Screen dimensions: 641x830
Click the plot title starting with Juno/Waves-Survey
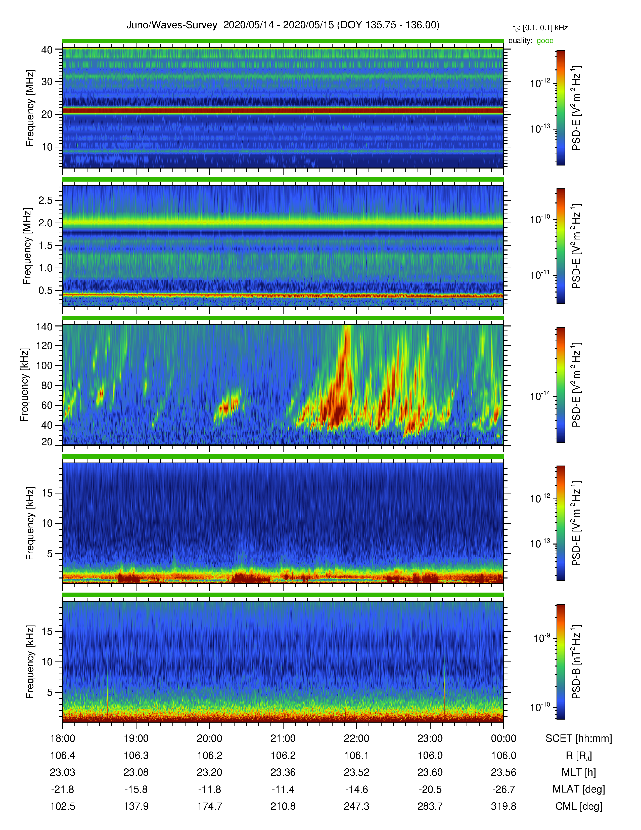tap(283, 25)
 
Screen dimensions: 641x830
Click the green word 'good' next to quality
tap(545, 41)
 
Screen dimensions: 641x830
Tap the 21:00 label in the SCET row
tap(283, 738)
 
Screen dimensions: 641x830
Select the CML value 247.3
tap(357, 806)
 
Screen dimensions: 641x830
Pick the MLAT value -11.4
tap(283, 789)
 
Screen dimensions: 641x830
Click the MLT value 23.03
tap(63, 772)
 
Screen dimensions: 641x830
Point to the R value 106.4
tap(63, 756)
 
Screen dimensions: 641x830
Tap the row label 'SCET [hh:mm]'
tap(579, 739)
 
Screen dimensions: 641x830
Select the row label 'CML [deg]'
tap(579, 806)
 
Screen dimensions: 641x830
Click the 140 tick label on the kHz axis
tap(44, 326)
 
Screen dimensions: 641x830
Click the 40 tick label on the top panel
tap(47, 50)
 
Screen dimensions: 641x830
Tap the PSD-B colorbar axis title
tap(576, 662)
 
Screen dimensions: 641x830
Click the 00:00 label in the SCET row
tap(503, 738)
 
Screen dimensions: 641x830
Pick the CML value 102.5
tap(63, 806)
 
